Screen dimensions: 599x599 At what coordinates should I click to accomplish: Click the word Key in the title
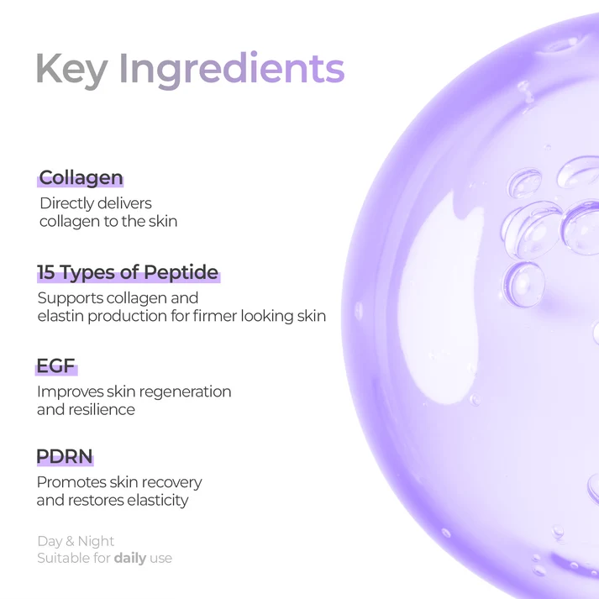[71, 70]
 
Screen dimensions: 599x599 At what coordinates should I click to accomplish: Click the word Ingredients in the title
[232, 70]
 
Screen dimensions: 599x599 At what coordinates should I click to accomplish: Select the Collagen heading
[81, 177]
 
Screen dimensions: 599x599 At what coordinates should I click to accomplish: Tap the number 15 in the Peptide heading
[46, 272]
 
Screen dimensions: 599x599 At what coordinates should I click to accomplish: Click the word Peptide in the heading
[181, 273]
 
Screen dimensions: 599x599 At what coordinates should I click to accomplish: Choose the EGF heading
[55, 366]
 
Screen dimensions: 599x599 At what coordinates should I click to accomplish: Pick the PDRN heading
[65, 456]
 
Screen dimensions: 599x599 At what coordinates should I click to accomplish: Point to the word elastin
[60, 316]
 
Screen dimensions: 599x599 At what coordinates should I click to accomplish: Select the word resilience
[102, 410]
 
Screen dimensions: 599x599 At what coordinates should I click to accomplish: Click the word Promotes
[71, 482]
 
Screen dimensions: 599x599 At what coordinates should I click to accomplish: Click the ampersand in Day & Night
[70, 541]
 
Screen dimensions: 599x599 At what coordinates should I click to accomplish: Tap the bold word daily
[130, 559]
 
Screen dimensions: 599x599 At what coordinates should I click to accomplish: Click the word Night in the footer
[96, 542]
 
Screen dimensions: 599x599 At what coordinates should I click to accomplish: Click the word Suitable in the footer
[64, 558]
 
